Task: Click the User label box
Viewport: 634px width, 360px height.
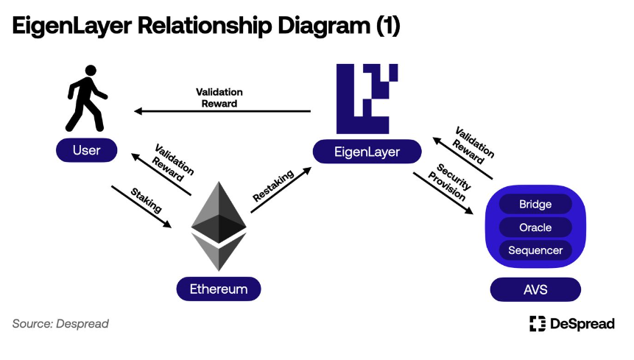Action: click(x=87, y=151)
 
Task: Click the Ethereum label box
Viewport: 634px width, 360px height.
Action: click(x=219, y=289)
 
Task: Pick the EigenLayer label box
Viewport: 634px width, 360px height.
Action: click(x=367, y=152)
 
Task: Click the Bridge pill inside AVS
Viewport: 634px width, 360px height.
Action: click(x=535, y=204)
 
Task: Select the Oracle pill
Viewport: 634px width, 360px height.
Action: click(x=535, y=227)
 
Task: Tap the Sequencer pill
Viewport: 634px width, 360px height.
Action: click(x=535, y=250)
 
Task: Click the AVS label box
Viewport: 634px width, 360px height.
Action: click(x=535, y=289)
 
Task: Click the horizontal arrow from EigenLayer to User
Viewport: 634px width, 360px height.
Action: click(x=222, y=111)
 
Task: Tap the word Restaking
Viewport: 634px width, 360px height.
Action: click(x=273, y=185)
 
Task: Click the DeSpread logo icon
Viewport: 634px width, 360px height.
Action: click(x=538, y=323)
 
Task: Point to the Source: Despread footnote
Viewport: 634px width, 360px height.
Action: click(x=60, y=323)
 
